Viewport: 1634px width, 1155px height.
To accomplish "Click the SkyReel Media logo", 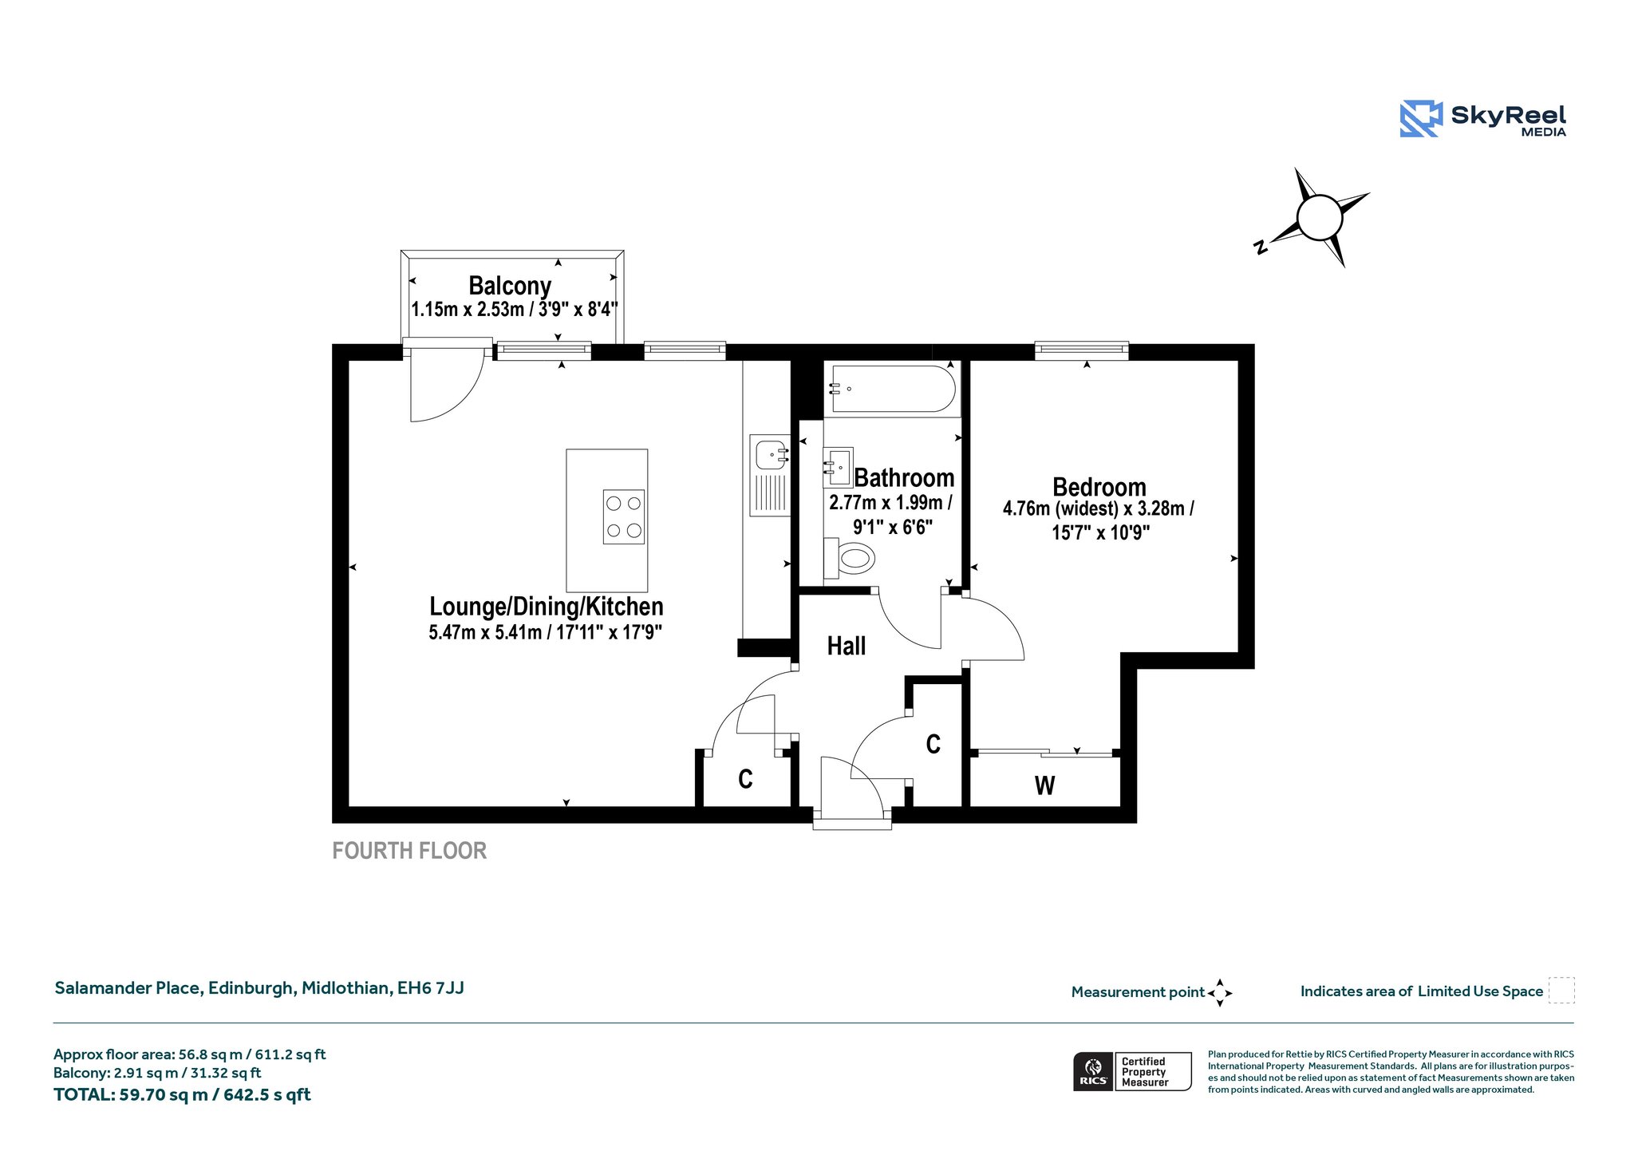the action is point(1482,119).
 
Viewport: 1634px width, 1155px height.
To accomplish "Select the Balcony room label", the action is point(510,286).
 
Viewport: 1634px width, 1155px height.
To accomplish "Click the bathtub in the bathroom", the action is point(892,389).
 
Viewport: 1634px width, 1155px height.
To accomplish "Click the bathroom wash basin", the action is point(838,467).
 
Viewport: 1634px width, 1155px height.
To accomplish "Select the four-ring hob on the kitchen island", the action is point(624,516).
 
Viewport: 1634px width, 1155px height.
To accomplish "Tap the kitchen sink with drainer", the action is point(770,475).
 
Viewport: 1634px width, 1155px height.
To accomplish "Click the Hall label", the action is point(847,646).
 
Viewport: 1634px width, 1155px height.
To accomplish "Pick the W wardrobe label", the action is point(1044,786).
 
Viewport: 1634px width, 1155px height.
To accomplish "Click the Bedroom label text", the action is point(1099,487).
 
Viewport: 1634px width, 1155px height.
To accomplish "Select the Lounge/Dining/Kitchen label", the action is point(547,607).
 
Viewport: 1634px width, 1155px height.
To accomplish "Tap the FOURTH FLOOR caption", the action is point(409,851).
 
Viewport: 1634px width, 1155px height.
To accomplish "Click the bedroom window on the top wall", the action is point(1082,351).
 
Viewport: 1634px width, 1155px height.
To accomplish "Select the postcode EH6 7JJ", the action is point(431,988).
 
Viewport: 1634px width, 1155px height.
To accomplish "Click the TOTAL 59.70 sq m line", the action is point(182,1095).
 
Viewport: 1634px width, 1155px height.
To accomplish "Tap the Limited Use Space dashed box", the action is point(1561,991).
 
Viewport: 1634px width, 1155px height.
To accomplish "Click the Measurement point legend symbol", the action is point(1220,993).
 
